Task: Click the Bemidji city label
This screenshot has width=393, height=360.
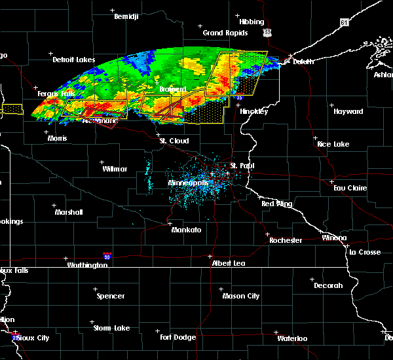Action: tap(127, 16)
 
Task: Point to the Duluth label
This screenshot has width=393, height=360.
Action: tap(303, 62)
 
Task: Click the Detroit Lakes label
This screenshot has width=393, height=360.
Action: tap(74, 60)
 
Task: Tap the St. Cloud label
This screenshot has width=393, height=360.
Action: tap(174, 141)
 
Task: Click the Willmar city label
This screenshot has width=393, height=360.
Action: tap(115, 169)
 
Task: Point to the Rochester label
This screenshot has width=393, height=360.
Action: tap(286, 240)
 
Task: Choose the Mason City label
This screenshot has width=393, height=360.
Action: tap(242, 296)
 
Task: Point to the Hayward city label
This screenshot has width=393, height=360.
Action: tap(348, 112)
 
